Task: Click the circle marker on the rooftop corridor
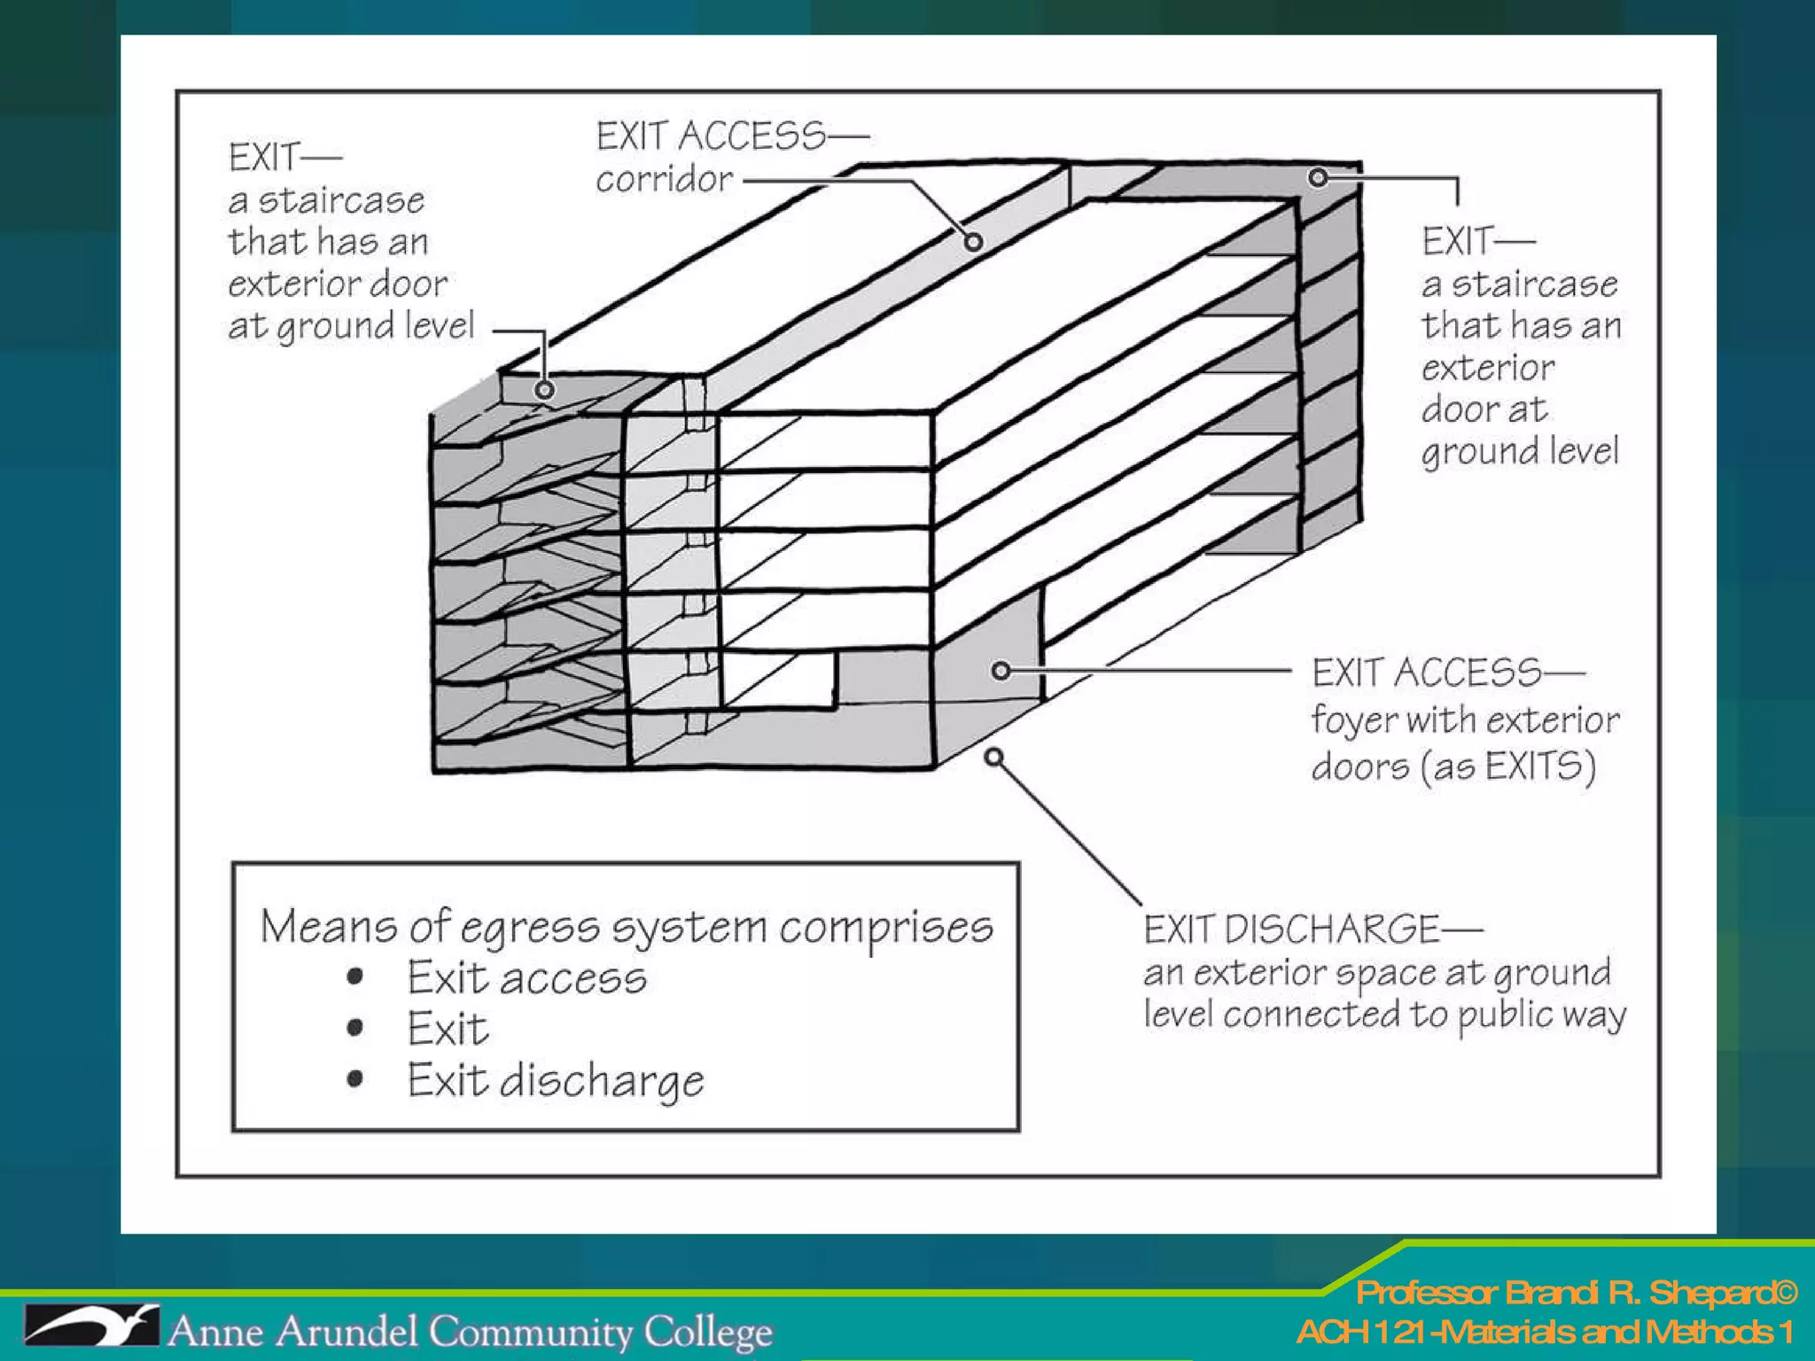(973, 241)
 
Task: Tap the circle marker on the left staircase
(545, 390)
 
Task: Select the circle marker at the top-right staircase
(1319, 178)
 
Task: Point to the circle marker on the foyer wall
(1001, 671)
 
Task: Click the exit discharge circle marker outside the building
(994, 758)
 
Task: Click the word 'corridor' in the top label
(664, 180)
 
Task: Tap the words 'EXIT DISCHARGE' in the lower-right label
(1291, 929)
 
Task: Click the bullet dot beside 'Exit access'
(355, 977)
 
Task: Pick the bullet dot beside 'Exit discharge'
(355, 1078)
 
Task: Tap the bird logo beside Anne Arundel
(90, 1326)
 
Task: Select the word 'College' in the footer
(707, 1332)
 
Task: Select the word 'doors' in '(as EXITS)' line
(1360, 766)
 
